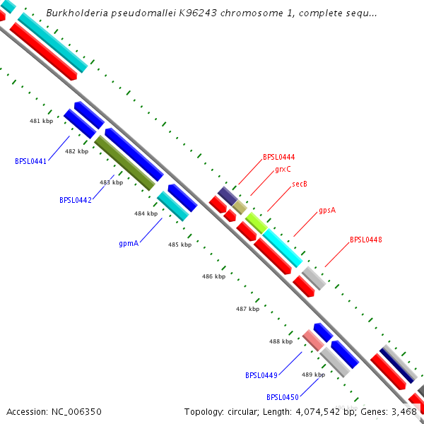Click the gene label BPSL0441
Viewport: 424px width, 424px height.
point(30,161)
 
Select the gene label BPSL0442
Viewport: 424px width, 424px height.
point(76,200)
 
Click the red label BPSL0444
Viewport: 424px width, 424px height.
point(278,157)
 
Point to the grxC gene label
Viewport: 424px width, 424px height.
point(283,170)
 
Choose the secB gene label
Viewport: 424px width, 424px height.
point(300,184)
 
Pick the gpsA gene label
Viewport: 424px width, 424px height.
point(326,211)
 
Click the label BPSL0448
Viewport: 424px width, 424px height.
point(365,240)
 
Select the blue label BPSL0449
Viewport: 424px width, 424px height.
point(261,375)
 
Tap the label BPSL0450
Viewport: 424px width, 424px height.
point(283,397)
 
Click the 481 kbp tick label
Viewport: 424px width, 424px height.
point(41,122)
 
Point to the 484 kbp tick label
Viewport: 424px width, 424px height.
point(146,213)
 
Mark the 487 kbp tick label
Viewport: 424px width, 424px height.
point(247,309)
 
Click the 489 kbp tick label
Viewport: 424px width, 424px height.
point(313,375)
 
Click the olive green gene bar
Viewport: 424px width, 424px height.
point(124,163)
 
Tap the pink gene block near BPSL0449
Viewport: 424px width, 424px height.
point(312,340)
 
